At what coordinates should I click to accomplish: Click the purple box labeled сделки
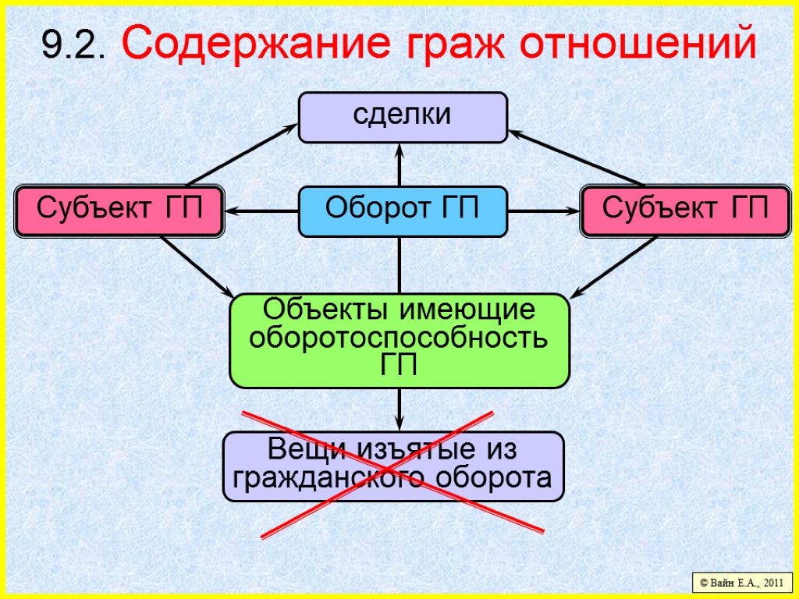[x=403, y=117]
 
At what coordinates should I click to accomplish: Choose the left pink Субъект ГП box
[x=119, y=211]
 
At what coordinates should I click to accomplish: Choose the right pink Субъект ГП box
[x=685, y=211]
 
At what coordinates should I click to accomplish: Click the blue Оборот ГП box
[x=403, y=211]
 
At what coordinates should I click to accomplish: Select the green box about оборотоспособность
[x=399, y=340]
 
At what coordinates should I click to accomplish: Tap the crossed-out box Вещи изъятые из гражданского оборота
[x=393, y=466]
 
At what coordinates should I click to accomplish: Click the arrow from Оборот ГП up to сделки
[x=399, y=165]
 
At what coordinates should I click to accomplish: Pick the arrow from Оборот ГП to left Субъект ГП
[x=262, y=211]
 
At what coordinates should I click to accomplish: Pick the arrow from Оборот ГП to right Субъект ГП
[x=544, y=211]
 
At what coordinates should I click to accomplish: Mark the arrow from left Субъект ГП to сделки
[x=238, y=155]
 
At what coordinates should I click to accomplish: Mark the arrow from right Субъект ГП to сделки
[x=577, y=157]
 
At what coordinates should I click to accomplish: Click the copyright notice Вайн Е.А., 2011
[x=740, y=582]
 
